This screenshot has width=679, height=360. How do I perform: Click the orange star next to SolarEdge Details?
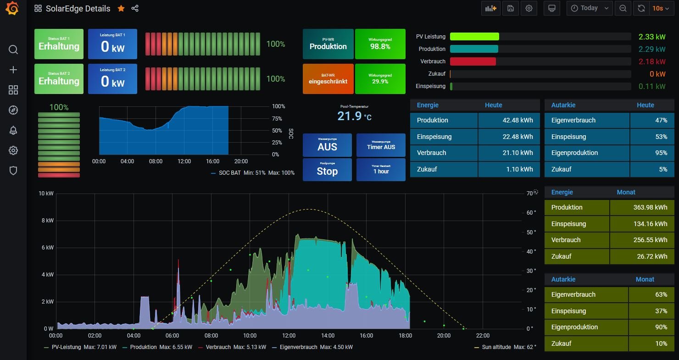[121, 8]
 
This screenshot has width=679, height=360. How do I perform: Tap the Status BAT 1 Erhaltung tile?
[59, 44]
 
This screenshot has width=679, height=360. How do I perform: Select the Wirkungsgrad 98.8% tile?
[380, 44]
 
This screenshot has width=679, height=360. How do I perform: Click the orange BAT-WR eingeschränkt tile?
[328, 79]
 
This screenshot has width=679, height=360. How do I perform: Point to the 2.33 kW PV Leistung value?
[651, 37]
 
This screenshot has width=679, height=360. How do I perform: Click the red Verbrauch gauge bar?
[473, 61]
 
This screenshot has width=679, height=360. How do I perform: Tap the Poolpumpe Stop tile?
[327, 169]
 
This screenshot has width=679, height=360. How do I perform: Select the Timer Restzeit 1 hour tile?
[381, 169]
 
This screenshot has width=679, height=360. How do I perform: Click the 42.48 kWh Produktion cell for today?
[509, 120]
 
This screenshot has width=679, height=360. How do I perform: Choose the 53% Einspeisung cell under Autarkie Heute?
[652, 137]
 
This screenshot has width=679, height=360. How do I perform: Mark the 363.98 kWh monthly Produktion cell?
[641, 207]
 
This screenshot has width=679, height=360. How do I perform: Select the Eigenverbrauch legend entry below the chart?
[298, 347]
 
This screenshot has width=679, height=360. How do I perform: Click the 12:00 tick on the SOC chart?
[184, 161]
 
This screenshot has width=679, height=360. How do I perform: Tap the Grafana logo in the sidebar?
[13, 8]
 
